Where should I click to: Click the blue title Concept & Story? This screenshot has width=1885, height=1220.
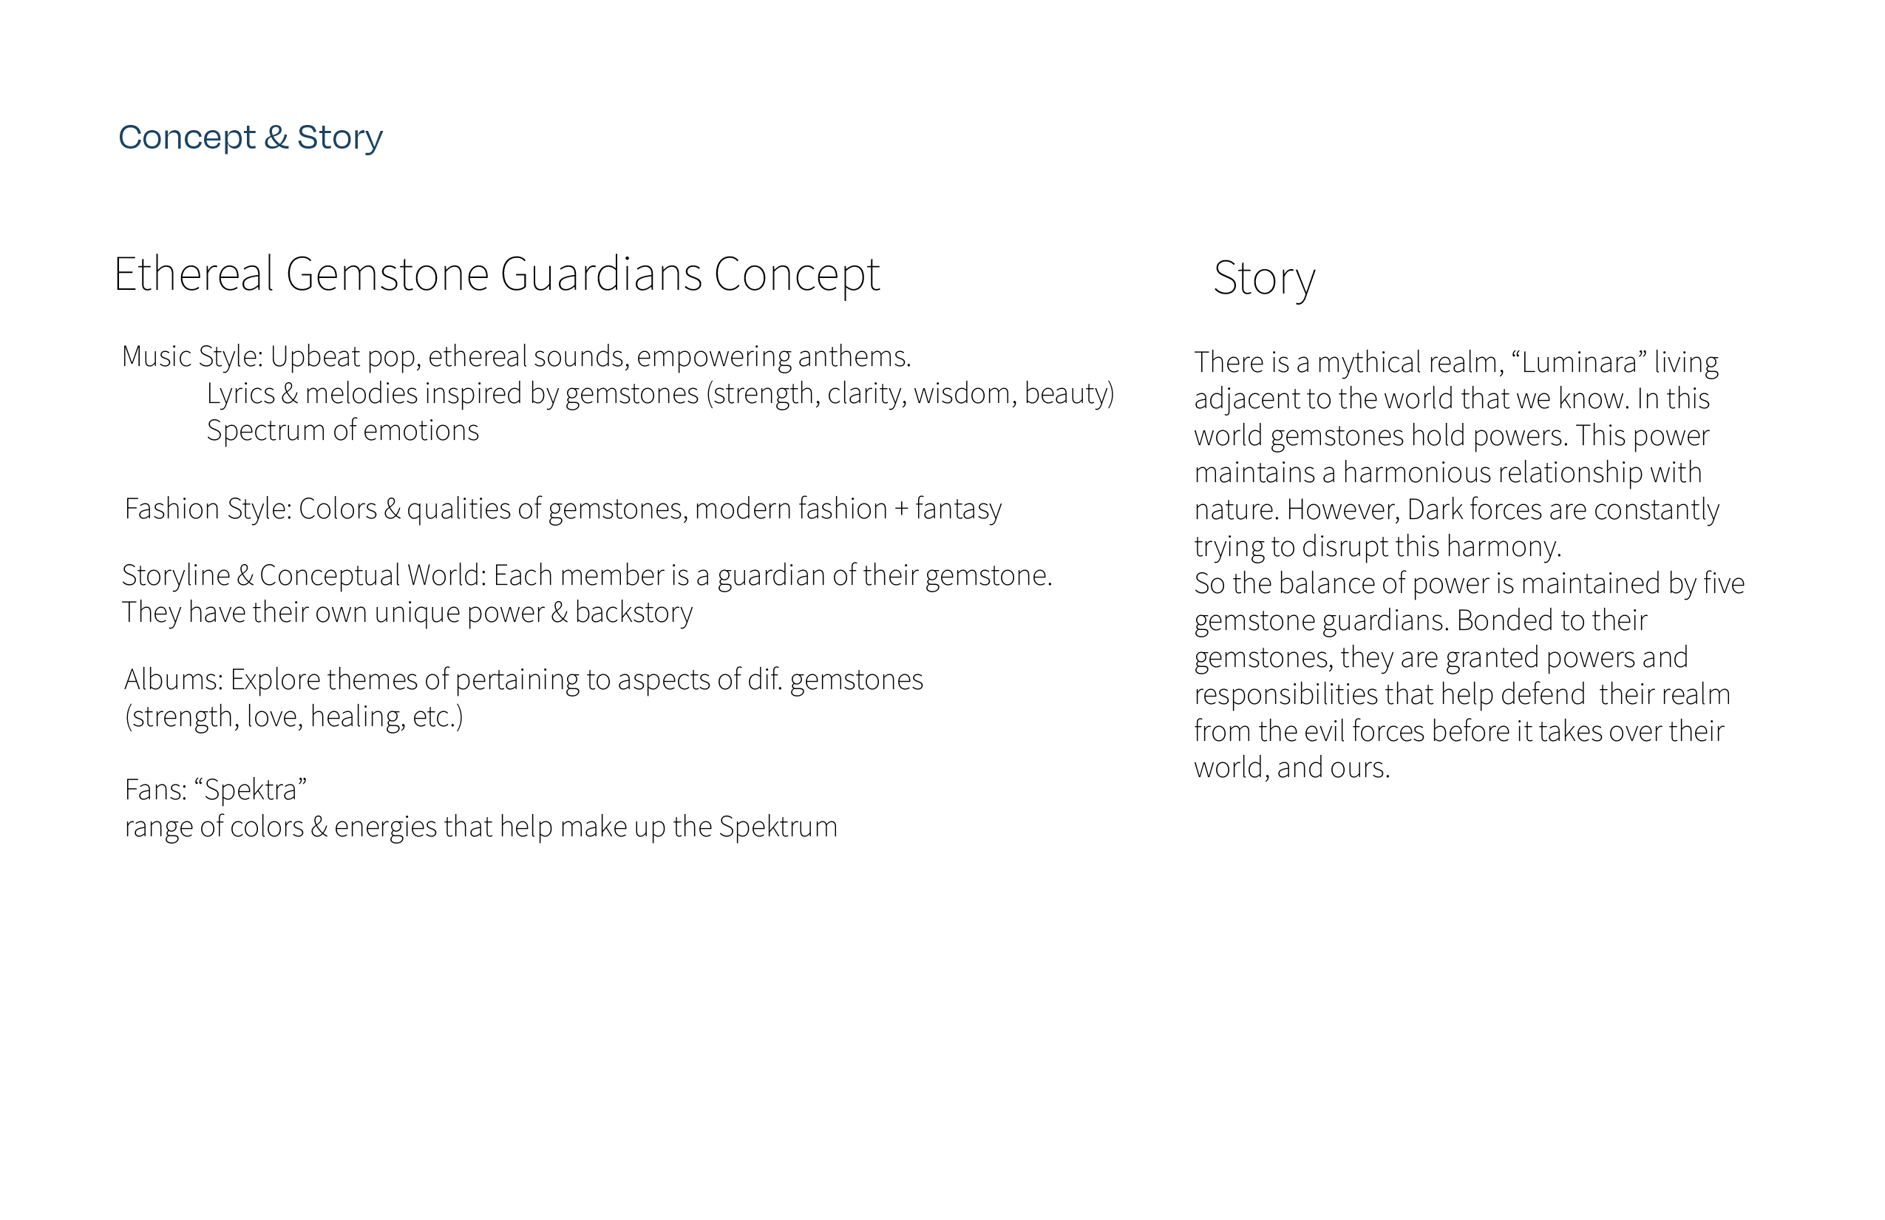pyautogui.click(x=251, y=137)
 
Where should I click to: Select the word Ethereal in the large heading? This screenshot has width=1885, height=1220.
pyautogui.click(x=193, y=274)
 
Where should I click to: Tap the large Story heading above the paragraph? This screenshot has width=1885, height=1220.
pyautogui.click(x=1264, y=278)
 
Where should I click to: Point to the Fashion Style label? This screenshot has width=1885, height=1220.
pyautogui.click(x=208, y=509)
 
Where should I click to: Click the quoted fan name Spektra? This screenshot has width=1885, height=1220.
pyautogui.click(x=251, y=789)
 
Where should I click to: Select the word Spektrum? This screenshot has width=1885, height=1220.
pyautogui.click(x=778, y=827)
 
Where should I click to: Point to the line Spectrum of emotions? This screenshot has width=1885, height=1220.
pyautogui.click(x=342, y=430)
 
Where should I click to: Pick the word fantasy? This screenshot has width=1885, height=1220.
pyautogui.click(x=958, y=509)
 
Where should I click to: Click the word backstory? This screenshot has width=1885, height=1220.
pyautogui.click(x=634, y=612)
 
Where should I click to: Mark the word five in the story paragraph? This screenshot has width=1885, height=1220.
pyautogui.click(x=1723, y=583)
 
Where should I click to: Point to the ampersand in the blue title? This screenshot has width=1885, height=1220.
pyautogui.click(x=276, y=137)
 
